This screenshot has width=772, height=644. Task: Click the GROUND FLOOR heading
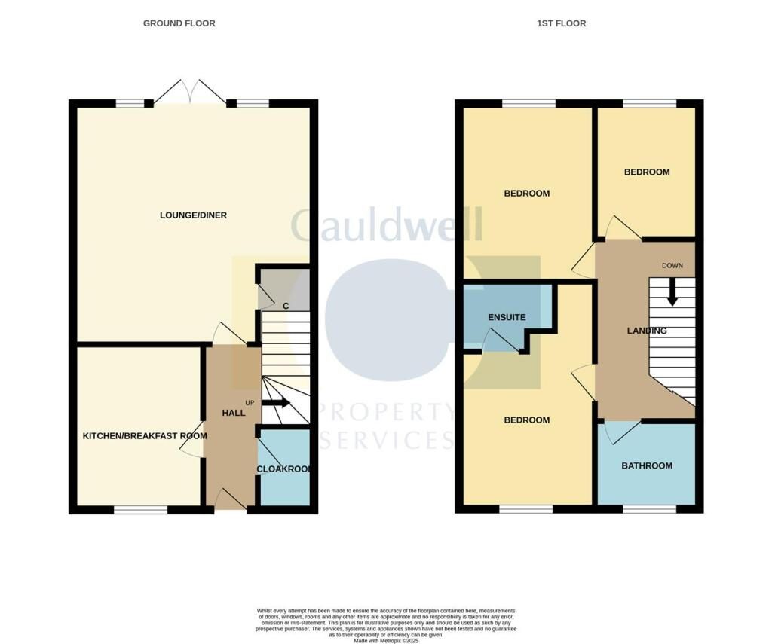(179, 23)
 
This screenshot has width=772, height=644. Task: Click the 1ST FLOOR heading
(561, 23)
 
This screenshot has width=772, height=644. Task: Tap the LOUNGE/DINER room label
(193, 215)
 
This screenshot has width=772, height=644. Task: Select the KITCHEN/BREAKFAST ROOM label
(145, 435)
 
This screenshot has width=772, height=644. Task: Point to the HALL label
(234, 414)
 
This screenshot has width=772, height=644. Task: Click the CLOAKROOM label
(284, 469)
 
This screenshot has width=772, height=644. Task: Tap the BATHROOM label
(646, 465)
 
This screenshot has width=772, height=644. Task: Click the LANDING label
(646, 331)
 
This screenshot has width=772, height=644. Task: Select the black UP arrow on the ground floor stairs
(275, 403)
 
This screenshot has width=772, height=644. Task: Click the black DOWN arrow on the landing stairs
(672, 291)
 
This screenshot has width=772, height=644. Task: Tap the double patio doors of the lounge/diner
(190, 93)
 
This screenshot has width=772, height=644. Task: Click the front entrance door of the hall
(231, 501)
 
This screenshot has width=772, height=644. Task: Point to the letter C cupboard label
(286, 306)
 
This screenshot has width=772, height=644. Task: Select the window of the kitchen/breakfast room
(140, 510)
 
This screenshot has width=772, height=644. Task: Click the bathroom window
(649, 510)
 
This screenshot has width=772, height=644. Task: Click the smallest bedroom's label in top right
(646, 172)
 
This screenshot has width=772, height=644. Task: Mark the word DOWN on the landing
(672, 266)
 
